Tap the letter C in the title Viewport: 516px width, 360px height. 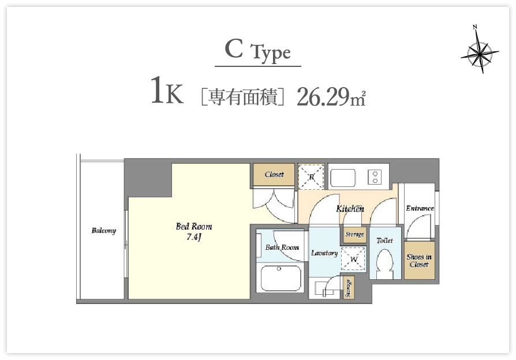click(x=234, y=48)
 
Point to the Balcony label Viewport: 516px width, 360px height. click(x=104, y=230)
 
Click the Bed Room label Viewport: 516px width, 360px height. click(x=194, y=226)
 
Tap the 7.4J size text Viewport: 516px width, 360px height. click(x=194, y=237)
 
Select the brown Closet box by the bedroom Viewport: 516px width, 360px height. click(x=274, y=174)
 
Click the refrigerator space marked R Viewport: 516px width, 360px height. click(x=311, y=177)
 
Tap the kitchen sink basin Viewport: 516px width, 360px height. click(x=343, y=178)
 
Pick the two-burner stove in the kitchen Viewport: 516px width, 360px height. click(x=375, y=177)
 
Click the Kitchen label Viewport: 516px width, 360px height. click(x=350, y=209)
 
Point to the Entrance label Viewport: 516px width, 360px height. click(x=420, y=208)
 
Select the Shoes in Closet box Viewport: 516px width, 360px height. click(x=419, y=260)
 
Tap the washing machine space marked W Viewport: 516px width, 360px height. click(x=353, y=259)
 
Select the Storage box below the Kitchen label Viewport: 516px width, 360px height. click(x=354, y=235)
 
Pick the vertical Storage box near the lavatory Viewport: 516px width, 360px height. click(x=349, y=288)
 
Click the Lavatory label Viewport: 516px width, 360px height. click(x=324, y=253)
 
